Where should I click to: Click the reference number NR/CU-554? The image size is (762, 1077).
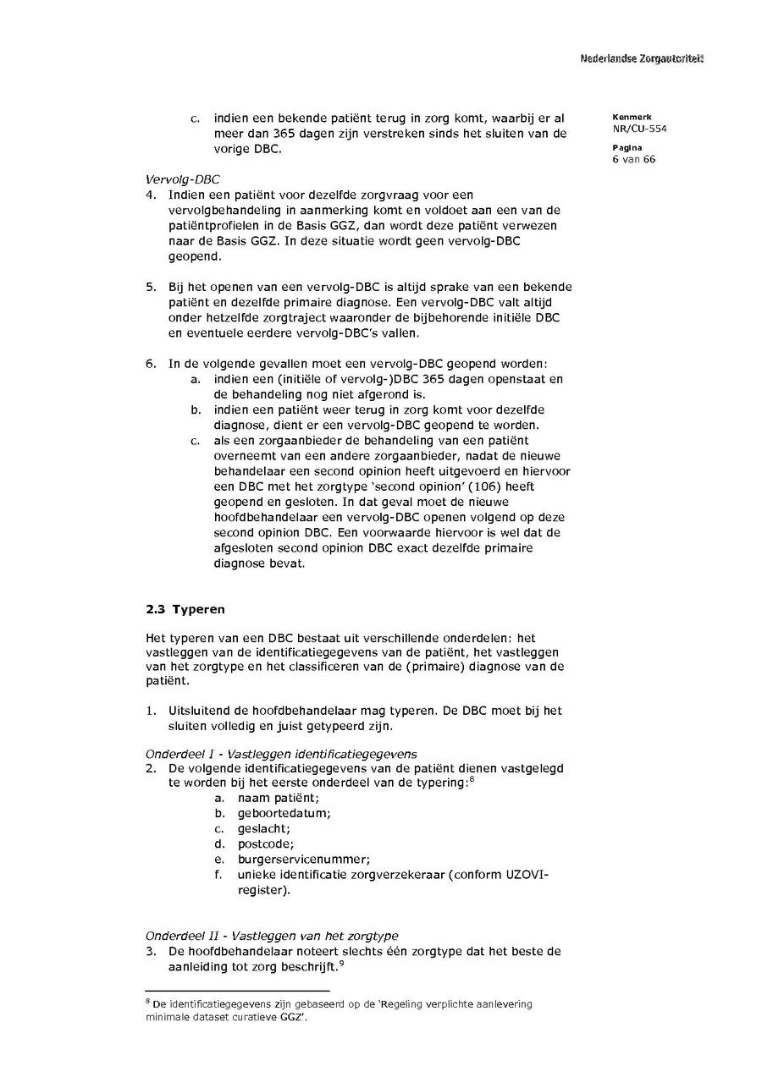pyautogui.click(x=639, y=129)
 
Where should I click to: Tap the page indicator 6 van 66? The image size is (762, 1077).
pyautogui.click(x=634, y=159)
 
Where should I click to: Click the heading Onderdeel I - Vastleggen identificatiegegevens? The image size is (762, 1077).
pyautogui.click(x=281, y=754)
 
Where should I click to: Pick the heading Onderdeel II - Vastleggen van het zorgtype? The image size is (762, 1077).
pyautogui.click(x=272, y=936)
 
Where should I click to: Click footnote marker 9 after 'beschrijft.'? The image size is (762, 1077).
pyautogui.click(x=341, y=963)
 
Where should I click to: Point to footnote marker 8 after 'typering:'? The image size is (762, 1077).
pyautogui.click(x=472, y=779)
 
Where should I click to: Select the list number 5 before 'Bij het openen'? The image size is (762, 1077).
pyautogui.click(x=151, y=287)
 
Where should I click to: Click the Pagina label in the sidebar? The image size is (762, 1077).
pyautogui.click(x=627, y=148)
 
